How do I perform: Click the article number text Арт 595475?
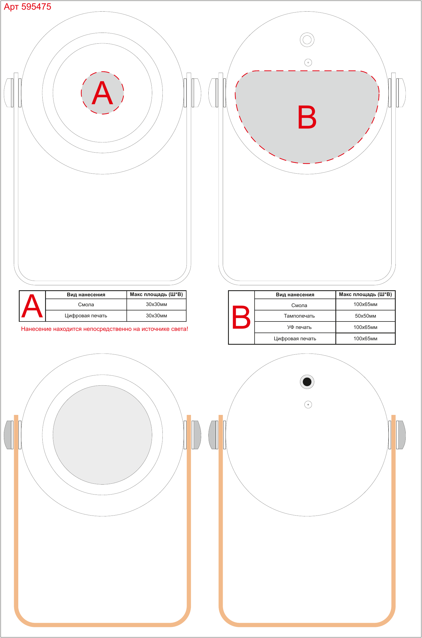(x=27, y=7)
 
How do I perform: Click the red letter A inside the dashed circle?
(x=102, y=93)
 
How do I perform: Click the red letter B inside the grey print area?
(x=307, y=117)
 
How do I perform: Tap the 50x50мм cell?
(x=365, y=316)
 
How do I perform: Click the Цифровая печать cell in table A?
(x=86, y=316)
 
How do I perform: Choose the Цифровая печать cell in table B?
(x=295, y=339)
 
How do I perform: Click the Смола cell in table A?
(x=86, y=305)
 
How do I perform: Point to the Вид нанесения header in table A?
(x=86, y=295)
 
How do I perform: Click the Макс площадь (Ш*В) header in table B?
(x=365, y=295)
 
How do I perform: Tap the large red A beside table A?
(x=32, y=306)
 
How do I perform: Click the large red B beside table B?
(x=241, y=317)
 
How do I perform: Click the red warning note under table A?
(x=105, y=329)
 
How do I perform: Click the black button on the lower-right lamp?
(x=307, y=382)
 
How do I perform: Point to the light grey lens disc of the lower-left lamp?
(x=102, y=435)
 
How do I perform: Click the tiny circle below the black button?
(x=308, y=404)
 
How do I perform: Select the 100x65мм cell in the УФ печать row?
(x=365, y=327)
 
